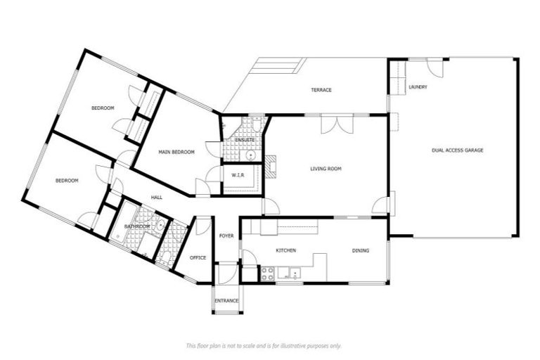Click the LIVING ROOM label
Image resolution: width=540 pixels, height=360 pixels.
tap(326, 169)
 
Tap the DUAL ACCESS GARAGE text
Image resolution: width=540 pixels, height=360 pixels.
tap(457, 150)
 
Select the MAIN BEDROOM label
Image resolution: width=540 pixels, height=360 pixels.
tap(176, 152)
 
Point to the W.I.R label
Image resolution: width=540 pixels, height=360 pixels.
tap(237, 175)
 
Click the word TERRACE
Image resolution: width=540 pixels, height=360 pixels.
tap(321, 90)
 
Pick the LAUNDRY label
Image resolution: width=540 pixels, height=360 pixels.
tap(418, 86)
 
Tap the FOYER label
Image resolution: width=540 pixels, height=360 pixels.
tap(226, 236)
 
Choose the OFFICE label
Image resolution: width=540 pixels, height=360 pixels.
tap(198, 257)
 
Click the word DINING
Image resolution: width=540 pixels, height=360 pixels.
tap(360, 250)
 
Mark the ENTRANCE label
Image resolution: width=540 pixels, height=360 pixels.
tap(226, 301)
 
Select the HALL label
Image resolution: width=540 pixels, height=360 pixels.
tap(157, 198)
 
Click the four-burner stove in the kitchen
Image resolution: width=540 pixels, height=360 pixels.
tap(268, 274)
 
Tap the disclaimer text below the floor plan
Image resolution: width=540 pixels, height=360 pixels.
tap(264, 345)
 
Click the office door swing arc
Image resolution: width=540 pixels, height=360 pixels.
tap(202, 226)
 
